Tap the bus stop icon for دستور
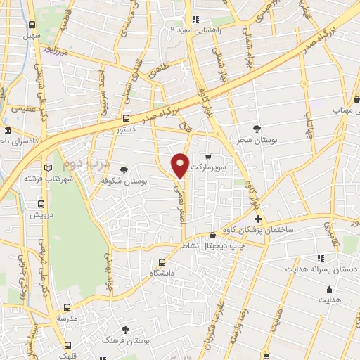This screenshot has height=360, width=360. coord(126,118)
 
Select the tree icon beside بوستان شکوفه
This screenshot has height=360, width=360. coord(124,170)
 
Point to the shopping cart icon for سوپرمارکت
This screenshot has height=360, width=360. coord(207,157)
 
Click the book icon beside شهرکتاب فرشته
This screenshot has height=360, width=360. coord(49,168)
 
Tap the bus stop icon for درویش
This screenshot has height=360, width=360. coord(41,204)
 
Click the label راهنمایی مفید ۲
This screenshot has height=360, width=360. coord(200,30)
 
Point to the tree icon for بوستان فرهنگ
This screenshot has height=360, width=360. coord(126,329)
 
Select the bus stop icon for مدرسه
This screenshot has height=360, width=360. coord(67,307)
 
